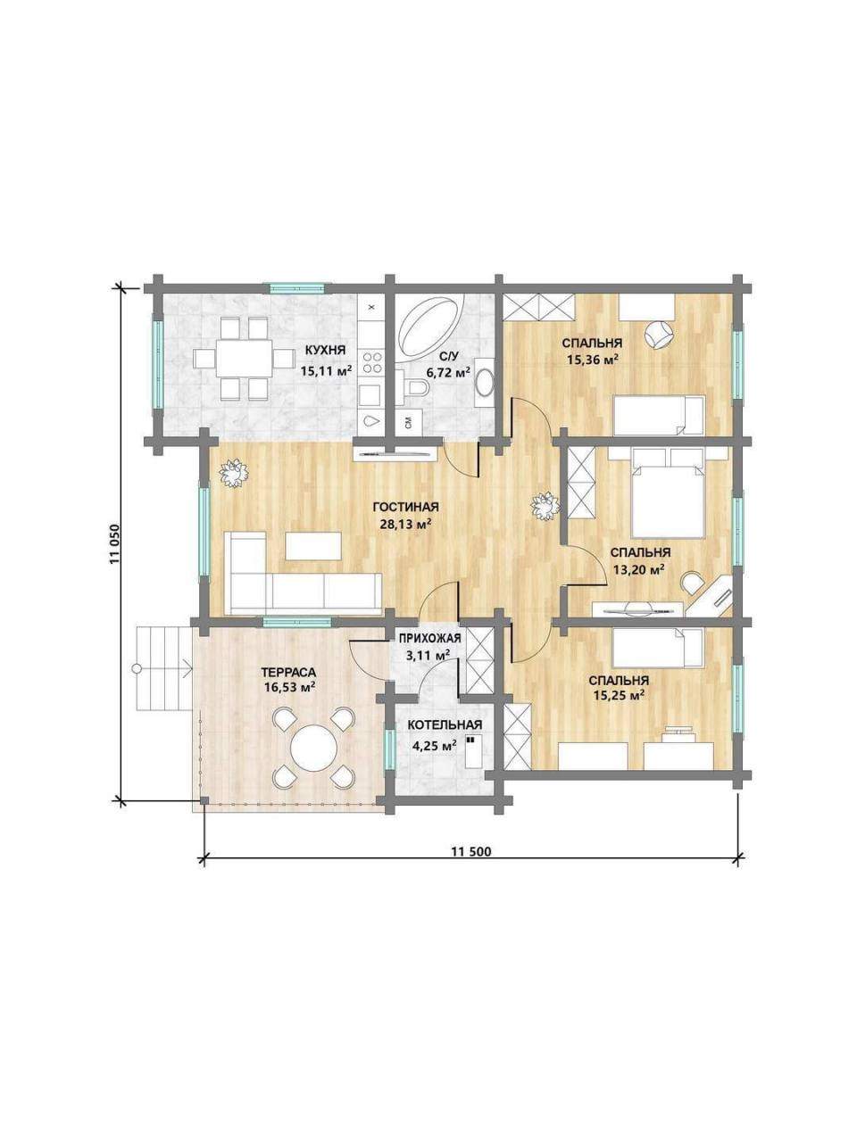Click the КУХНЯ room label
pos(325,350)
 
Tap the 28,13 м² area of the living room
pos(406,524)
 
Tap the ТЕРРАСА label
pos(288,671)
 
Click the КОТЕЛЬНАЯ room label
pos(445,724)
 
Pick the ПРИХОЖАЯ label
pos(429,639)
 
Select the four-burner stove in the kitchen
pos(371,362)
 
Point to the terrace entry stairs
pos(164,668)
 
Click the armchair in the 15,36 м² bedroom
pos(660,334)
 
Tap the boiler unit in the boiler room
pos(472,751)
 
